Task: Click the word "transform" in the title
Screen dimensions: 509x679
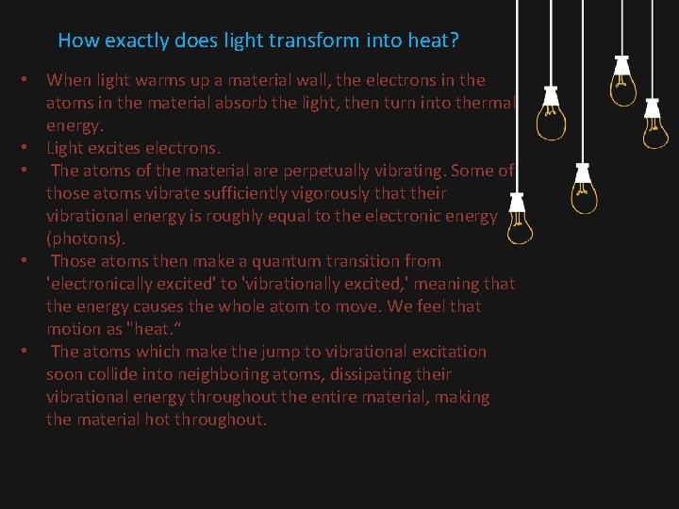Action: point(290,41)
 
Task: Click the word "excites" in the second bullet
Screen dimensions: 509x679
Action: point(119,148)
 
